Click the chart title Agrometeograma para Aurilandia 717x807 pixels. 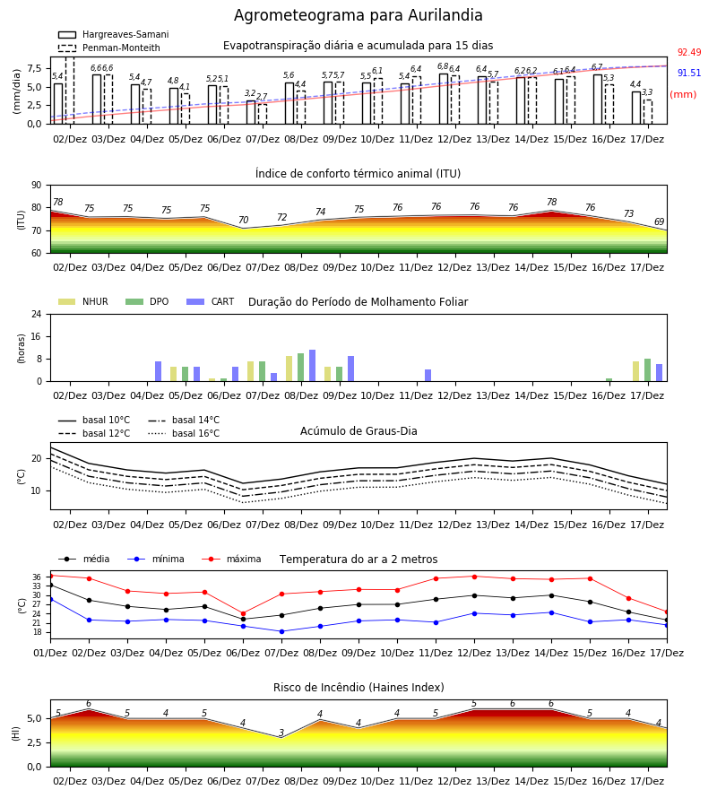(x=358, y=15)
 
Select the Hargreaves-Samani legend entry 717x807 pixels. (x=113, y=34)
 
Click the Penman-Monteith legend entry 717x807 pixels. (x=109, y=48)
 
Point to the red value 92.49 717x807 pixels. (x=689, y=53)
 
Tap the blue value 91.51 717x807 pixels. (x=689, y=74)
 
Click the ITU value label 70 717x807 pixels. (x=243, y=221)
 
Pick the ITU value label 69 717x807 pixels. (x=659, y=221)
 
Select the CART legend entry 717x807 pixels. (x=210, y=301)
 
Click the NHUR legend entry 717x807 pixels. (x=82, y=301)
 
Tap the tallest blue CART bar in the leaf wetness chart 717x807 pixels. (x=312, y=366)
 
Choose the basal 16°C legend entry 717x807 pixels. (x=184, y=433)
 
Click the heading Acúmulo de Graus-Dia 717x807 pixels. (x=358, y=431)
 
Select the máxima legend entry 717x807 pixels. (x=231, y=559)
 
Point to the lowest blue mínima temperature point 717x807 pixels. (x=281, y=631)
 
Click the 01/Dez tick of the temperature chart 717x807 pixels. (x=50, y=653)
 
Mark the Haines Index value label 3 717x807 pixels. (x=281, y=733)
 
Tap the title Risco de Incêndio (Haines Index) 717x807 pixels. (x=358, y=688)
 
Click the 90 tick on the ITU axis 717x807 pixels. (x=37, y=186)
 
